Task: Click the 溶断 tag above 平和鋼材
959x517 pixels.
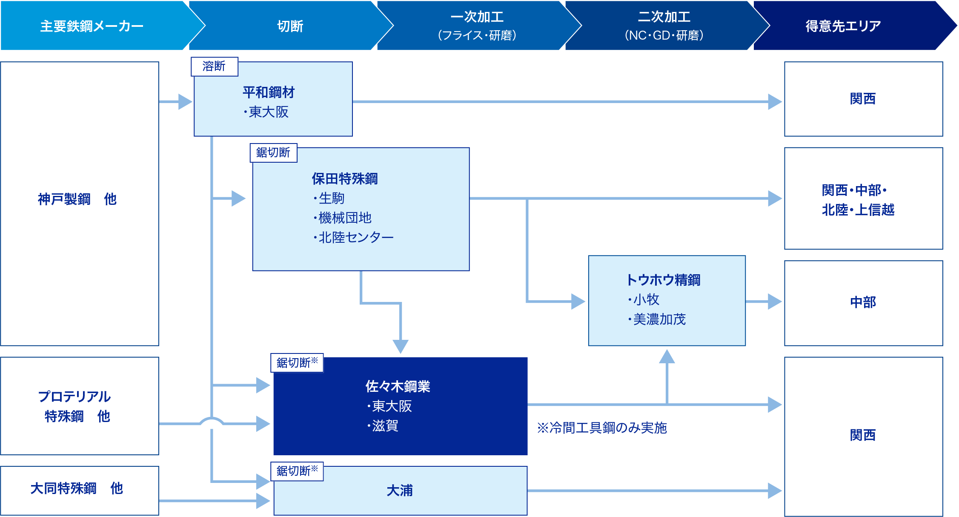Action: click(x=214, y=66)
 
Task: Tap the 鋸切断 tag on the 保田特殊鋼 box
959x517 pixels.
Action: click(x=273, y=152)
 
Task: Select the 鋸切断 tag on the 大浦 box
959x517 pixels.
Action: click(x=297, y=471)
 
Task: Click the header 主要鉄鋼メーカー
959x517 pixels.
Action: click(x=92, y=26)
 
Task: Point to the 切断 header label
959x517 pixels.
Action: click(x=290, y=26)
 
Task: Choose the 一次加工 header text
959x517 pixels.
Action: click(x=477, y=17)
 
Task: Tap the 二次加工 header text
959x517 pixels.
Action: click(x=664, y=17)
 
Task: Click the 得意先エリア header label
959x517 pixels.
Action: click(x=843, y=26)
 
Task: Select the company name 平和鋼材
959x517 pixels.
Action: click(x=269, y=92)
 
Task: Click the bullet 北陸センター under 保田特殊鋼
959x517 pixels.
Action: click(x=356, y=237)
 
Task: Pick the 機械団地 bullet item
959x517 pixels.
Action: click(x=345, y=218)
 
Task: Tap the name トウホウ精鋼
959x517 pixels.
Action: click(x=663, y=280)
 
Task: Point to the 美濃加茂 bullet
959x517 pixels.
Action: click(x=659, y=319)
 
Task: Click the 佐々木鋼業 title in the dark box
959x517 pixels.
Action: click(x=398, y=386)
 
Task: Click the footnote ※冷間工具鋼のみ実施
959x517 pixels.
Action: click(x=601, y=428)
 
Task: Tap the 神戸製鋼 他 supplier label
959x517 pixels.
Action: click(x=77, y=199)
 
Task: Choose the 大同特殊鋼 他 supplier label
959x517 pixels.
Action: click(x=77, y=488)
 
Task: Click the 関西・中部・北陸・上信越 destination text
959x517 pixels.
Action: click(x=858, y=200)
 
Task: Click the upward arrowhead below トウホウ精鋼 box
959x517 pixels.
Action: click(x=667, y=356)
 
